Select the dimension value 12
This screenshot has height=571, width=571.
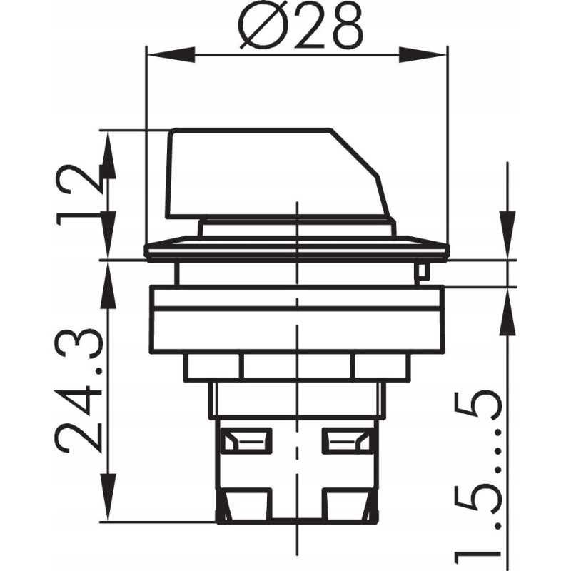[x=79, y=195]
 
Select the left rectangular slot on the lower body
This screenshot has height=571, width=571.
[x=246, y=441]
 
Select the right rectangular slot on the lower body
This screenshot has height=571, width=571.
[x=348, y=441]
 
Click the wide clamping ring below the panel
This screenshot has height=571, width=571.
[x=296, y=319]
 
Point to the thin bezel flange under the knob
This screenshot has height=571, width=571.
[x=296, y=249]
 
